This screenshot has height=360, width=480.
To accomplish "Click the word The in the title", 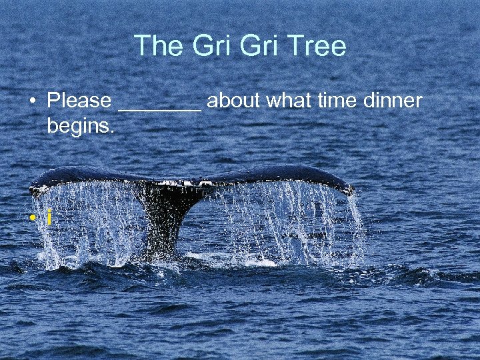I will [158, 46].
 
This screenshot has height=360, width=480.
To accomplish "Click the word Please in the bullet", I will [79, 101].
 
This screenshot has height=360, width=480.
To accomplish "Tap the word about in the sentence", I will [234, 101].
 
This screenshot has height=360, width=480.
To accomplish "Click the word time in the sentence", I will [336, 101].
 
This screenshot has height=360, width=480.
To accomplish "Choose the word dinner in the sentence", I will [393, 101].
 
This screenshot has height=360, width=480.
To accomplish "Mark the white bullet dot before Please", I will [32, 102].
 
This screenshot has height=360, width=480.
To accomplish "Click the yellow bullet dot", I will [32, 219].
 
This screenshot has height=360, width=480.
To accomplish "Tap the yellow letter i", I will [49, 217].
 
